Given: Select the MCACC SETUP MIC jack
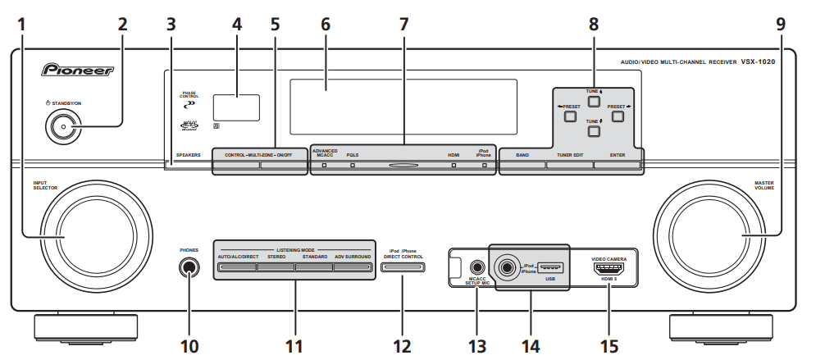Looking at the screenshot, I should [x=477, y=266].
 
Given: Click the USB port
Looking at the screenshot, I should [x=552, y=267].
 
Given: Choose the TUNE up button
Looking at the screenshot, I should [x=594, y=103].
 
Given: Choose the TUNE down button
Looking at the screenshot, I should [x=594, y=130].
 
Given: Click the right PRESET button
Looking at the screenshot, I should [x=617, y=116].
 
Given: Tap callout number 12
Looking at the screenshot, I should [x=402, y=346].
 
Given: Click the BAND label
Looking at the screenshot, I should [x=522, y=154].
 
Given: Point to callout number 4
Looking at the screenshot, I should [x=237, y=24].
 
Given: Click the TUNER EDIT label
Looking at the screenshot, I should [x=569, y=154].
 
